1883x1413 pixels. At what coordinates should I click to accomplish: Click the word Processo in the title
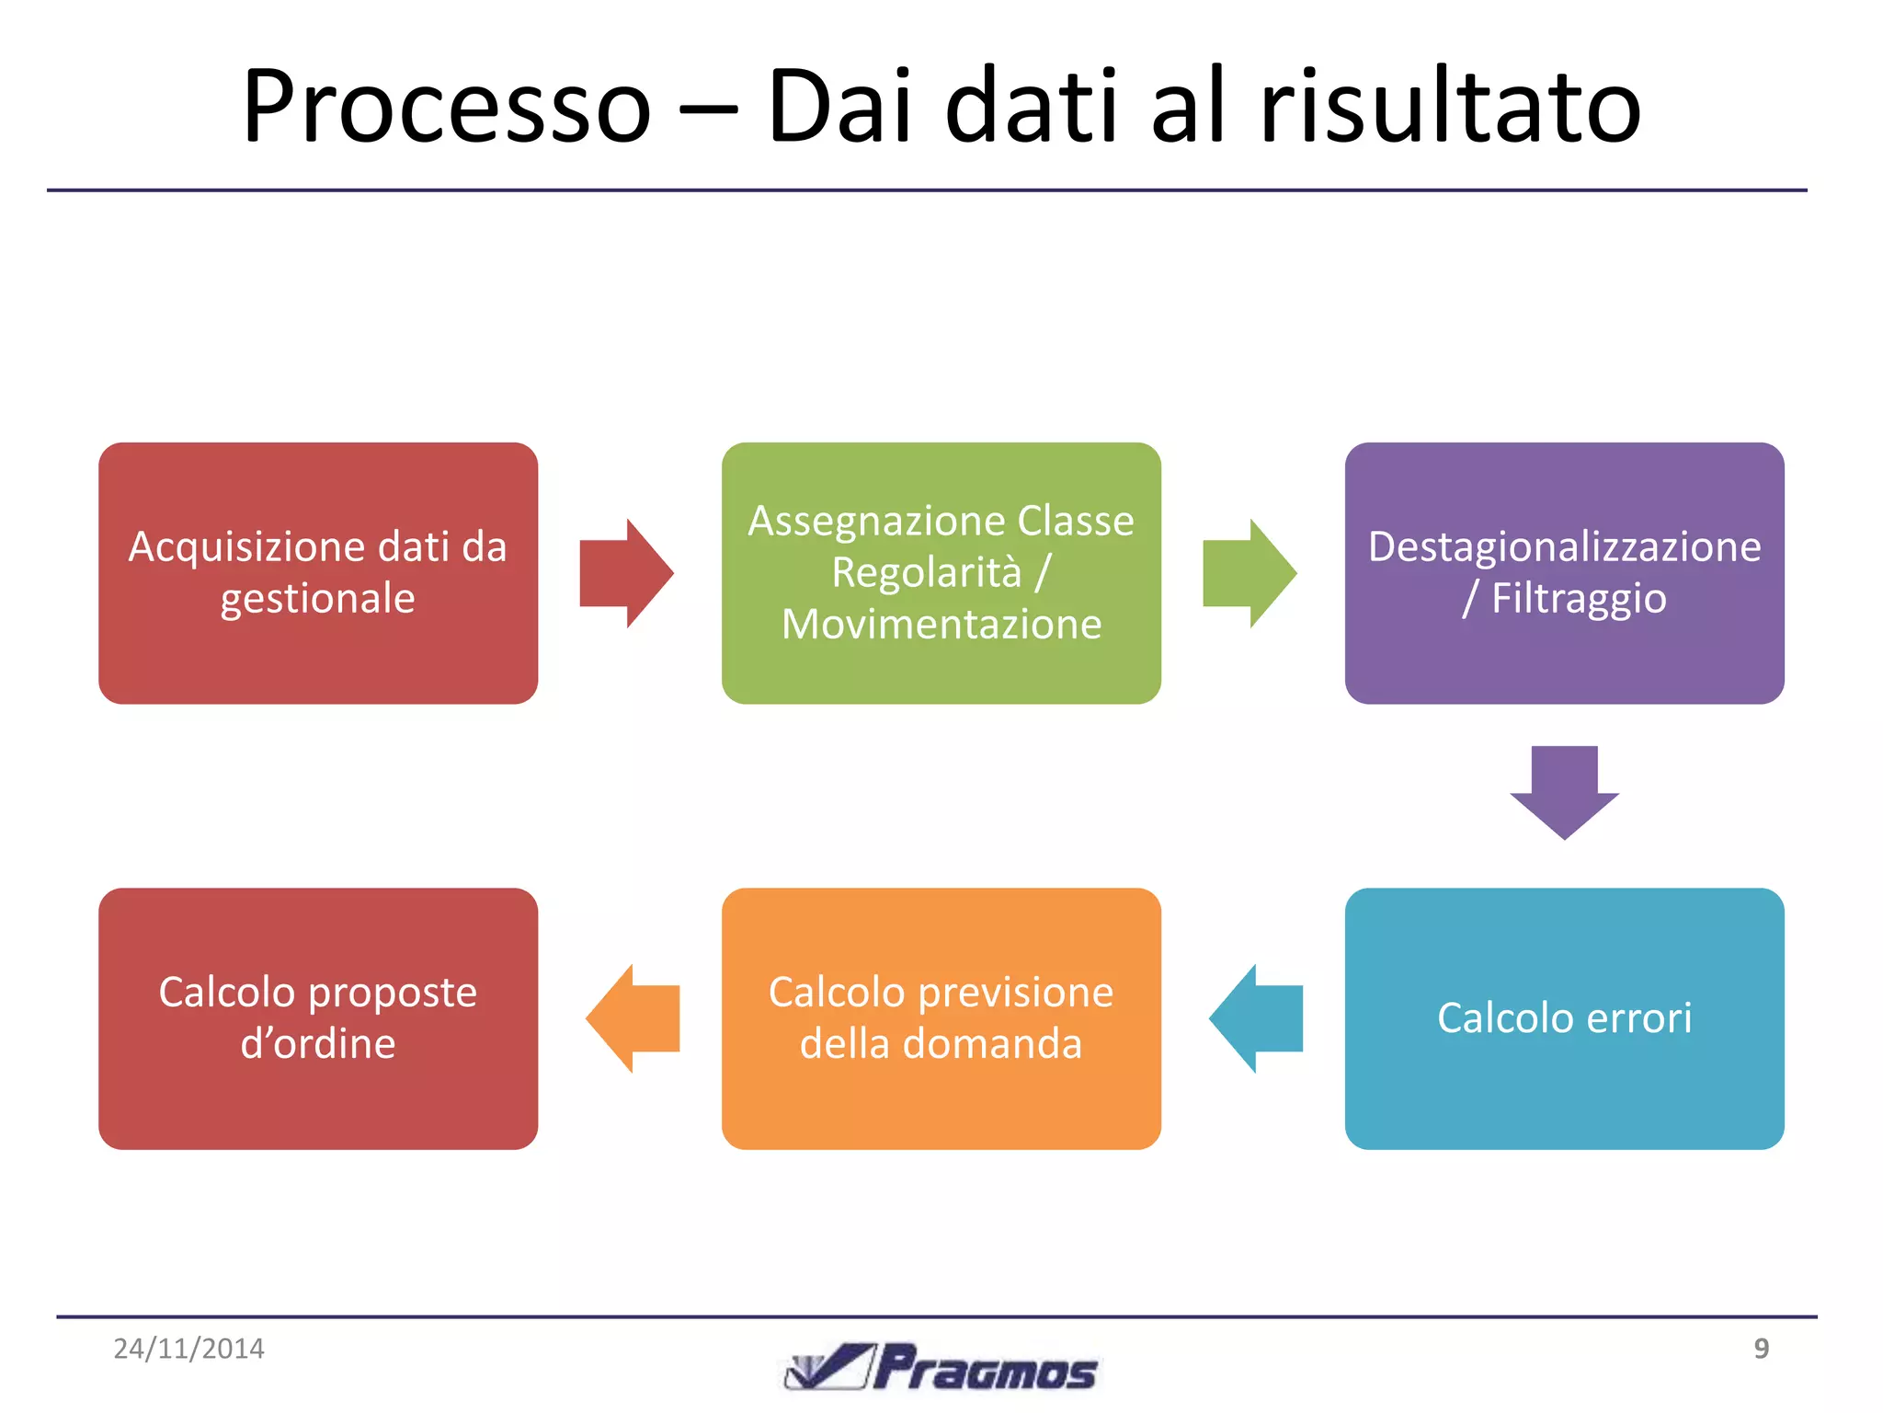click(x=447, y=106)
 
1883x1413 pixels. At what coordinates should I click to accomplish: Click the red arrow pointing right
click(x=626, y=573)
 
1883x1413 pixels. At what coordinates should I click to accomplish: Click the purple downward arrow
click(x=1564, y=791)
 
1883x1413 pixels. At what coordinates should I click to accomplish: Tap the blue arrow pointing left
click(x=1257, y=1018)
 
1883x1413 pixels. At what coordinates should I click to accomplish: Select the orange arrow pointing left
click(x=633, y=1018)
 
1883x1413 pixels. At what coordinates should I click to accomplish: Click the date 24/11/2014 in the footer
click(x=188, y=1349)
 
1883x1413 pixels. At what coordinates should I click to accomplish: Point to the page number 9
click(x=1761, y=1349)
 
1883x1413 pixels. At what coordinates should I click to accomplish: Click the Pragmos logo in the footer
click(x=941, y=1367)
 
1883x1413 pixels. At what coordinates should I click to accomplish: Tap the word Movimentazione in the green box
click(x=941, y=625)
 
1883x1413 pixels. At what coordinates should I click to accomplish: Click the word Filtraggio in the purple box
click(x=1578, y=599)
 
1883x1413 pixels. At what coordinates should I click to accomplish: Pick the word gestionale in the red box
click(x=318, y=599)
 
